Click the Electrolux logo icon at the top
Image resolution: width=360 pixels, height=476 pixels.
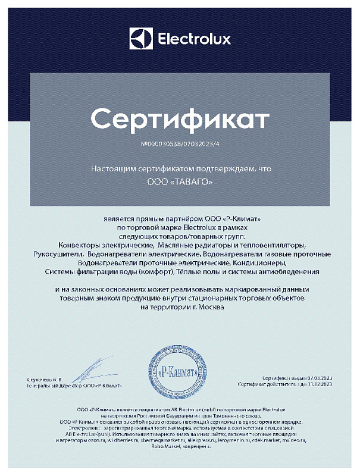coord(140,40)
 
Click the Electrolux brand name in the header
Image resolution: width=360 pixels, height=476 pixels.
coord(193,40)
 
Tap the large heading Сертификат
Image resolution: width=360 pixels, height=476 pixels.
coord(179,118)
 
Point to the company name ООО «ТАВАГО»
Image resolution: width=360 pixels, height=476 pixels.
coord(180,182)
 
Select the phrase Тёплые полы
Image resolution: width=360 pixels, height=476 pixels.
coord(193,271)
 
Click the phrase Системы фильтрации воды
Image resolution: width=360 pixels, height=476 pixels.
coord(92,271)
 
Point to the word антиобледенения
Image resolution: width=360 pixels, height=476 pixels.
coord(284,271)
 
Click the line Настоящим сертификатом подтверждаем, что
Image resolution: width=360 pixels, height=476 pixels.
coord(180,168)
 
